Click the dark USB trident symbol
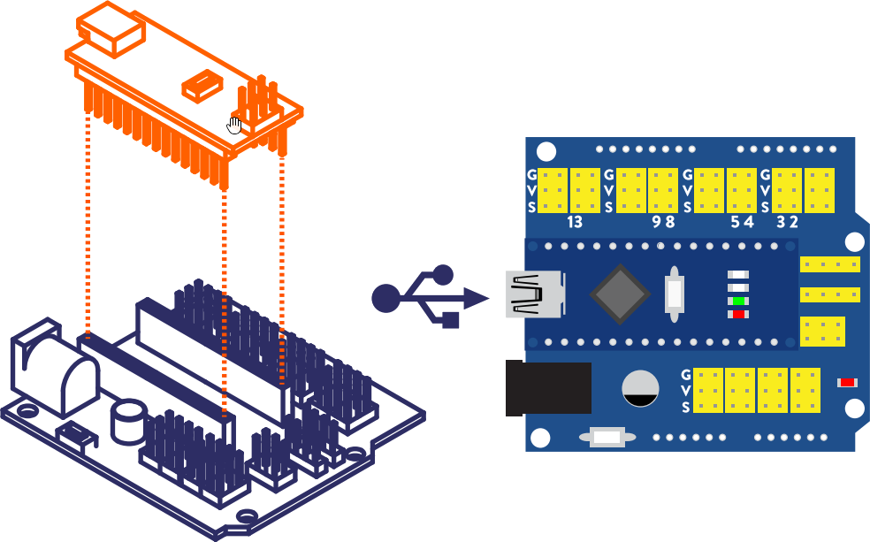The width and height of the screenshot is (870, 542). (x=428, y=297)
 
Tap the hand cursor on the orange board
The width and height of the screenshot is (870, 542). (x=234, y=125)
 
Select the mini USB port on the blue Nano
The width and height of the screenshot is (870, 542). (x=535, y=294)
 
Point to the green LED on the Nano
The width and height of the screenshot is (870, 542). (x=737, y=302)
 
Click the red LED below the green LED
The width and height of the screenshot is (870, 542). (x=737, y=314)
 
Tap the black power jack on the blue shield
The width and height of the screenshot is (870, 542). (x=547, y=387)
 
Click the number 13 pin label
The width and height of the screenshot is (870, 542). (x=574, y=222)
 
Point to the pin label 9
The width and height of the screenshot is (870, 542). (x=655, y=222)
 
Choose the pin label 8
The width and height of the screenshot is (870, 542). (x=669, y=222)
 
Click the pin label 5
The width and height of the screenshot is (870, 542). (x=735, y=222)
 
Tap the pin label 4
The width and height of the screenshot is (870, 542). (x=748, y=222)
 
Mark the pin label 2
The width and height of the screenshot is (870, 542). (x=793, y=222)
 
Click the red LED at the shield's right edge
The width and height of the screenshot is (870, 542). (x=847, y=383)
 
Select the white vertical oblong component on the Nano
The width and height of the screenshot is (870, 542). (x=675, y=293)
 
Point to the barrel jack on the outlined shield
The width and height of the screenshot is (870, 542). (x=53, y=371)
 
